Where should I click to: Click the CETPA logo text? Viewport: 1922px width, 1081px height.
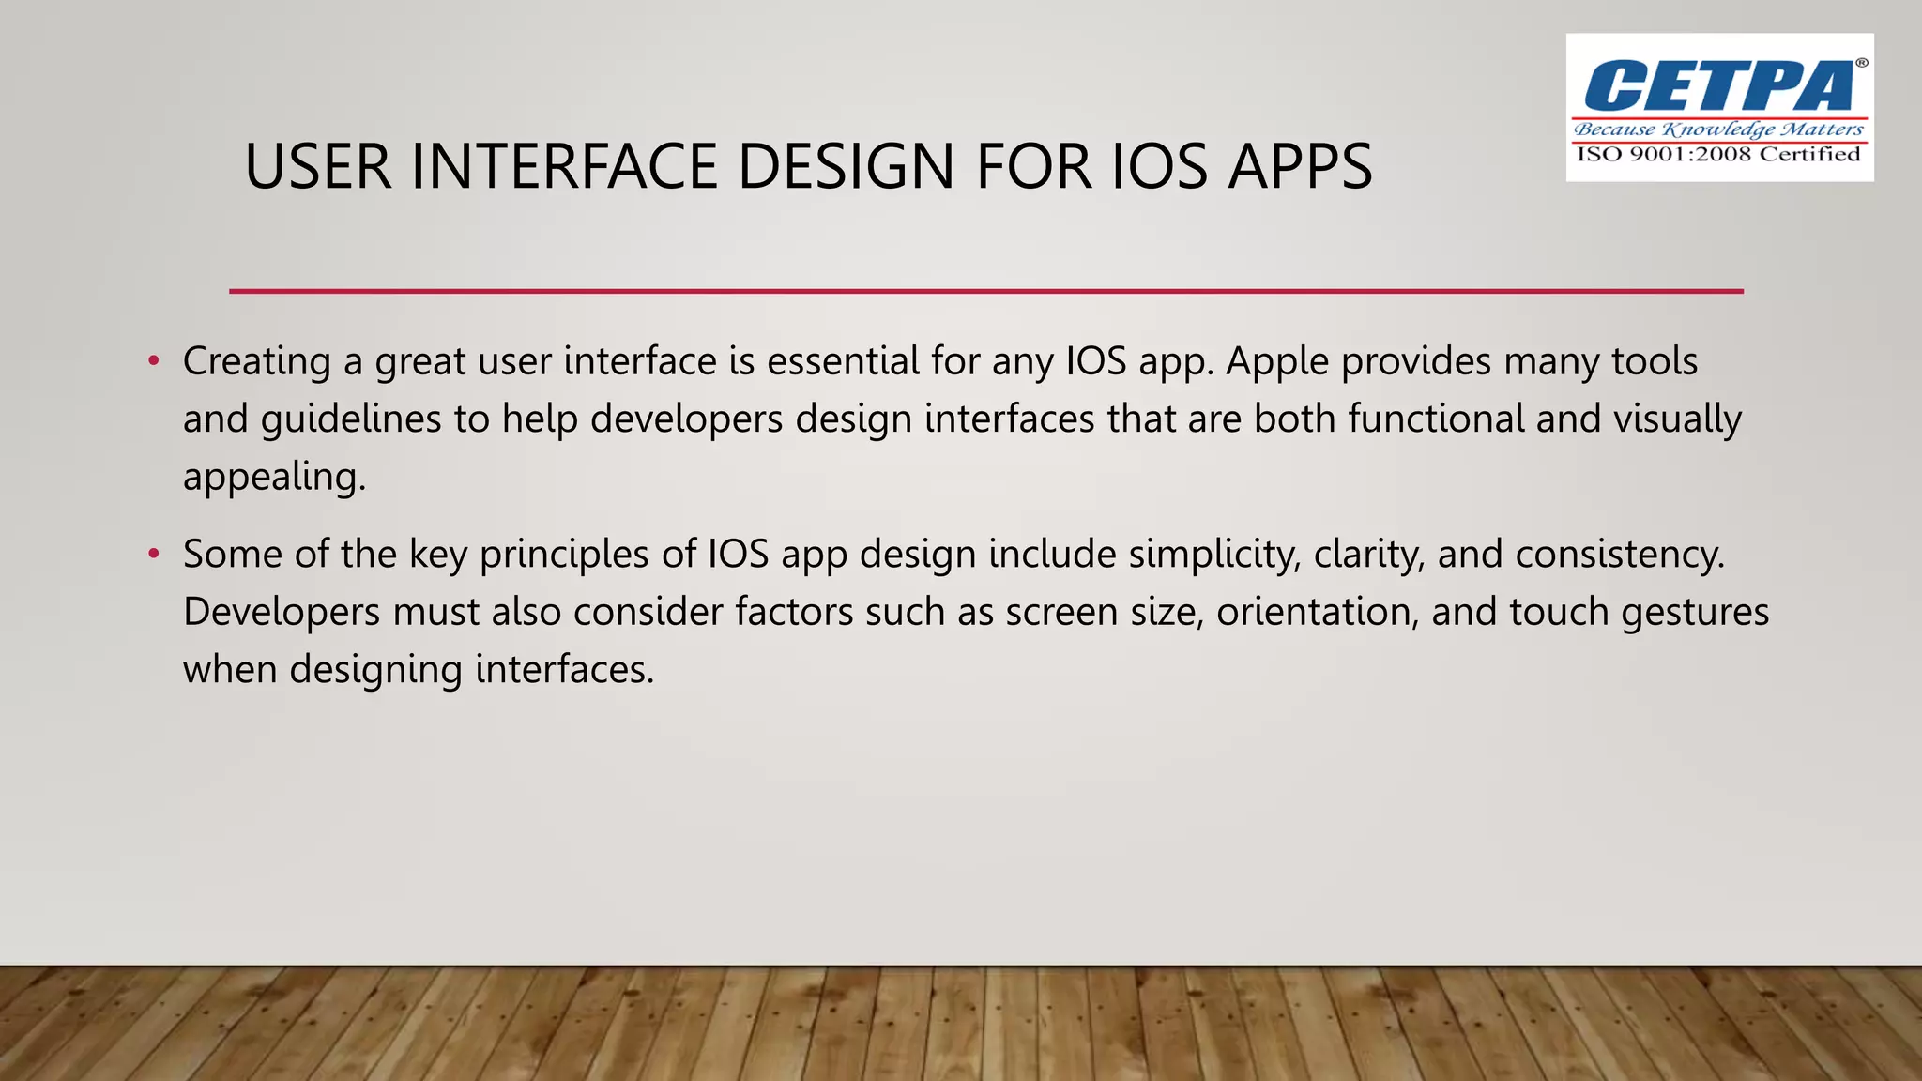click(x=1717, y=86)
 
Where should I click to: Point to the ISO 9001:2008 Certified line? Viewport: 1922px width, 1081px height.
click(x=1718, y=155)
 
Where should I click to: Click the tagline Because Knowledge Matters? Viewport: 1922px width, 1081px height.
click(x=1718, y=129)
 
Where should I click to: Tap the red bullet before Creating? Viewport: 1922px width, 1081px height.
click(x=154, y=361)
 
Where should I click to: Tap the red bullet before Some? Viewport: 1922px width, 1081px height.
click(x=154, y=555)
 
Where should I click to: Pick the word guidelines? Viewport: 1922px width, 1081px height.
click(x=351, y=419)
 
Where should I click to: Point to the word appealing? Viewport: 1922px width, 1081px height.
click(x=273, y=478)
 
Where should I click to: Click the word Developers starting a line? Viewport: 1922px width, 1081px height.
click(x=282, y=613)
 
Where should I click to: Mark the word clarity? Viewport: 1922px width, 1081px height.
click(x=1369, y=555)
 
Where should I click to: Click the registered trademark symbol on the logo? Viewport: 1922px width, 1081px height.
click(x=1861, y=63)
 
